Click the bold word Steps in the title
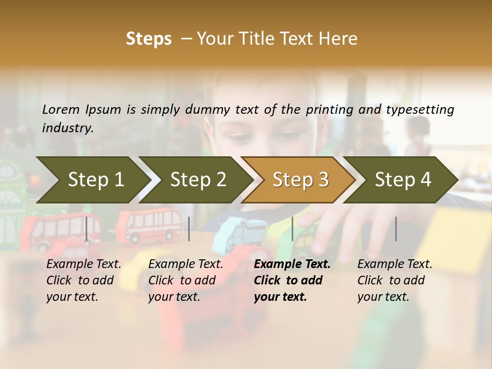pos(149,39)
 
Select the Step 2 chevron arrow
pos(197,179)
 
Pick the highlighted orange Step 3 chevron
pos(300,179)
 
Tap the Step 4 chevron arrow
pos(402,179)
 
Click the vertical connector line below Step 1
pos(87,229)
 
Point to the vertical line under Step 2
pos(189,229)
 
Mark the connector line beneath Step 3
pos(292,229)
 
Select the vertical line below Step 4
pos(396,229)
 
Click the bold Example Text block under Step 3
pos(292,280)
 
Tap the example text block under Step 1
pos(84,280)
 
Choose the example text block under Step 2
pos(186,280)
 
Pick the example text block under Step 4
pos(395,280)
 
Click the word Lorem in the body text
pos(61,109)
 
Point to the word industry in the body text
pos(68,128)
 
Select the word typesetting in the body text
pos(420,110)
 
